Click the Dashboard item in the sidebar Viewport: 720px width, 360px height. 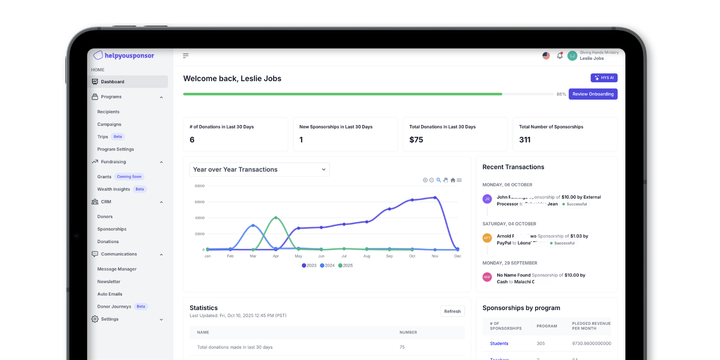[x=112, y=82]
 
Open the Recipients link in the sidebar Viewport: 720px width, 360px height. [x=108, y=112]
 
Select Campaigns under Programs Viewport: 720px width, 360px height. [x=109, y=124]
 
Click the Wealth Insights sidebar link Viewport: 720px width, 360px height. [x=113, y=189]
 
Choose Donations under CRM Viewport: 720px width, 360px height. [x=108, y=242]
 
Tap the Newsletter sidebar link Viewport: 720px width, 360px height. [x=109, y=282]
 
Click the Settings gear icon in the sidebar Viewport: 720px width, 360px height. [x=95, y=319]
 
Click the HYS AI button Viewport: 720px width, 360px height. [x=604, y=78]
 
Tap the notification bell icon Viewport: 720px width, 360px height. [x=560, y=56]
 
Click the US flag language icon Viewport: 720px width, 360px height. [x=546, y=56]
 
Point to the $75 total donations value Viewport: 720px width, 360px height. [x=416, y=140]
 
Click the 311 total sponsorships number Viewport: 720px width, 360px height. [x=525, y=140]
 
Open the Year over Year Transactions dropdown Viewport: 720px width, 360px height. [x=259, y=170]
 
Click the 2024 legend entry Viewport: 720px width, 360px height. [x=327, y=265]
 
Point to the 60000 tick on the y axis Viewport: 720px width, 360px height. [x=199, y=202]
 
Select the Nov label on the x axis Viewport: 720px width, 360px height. [x=435, y=256]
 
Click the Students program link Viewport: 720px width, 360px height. [x=499, y=343]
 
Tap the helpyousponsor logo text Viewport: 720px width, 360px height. [x=129, y=56]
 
